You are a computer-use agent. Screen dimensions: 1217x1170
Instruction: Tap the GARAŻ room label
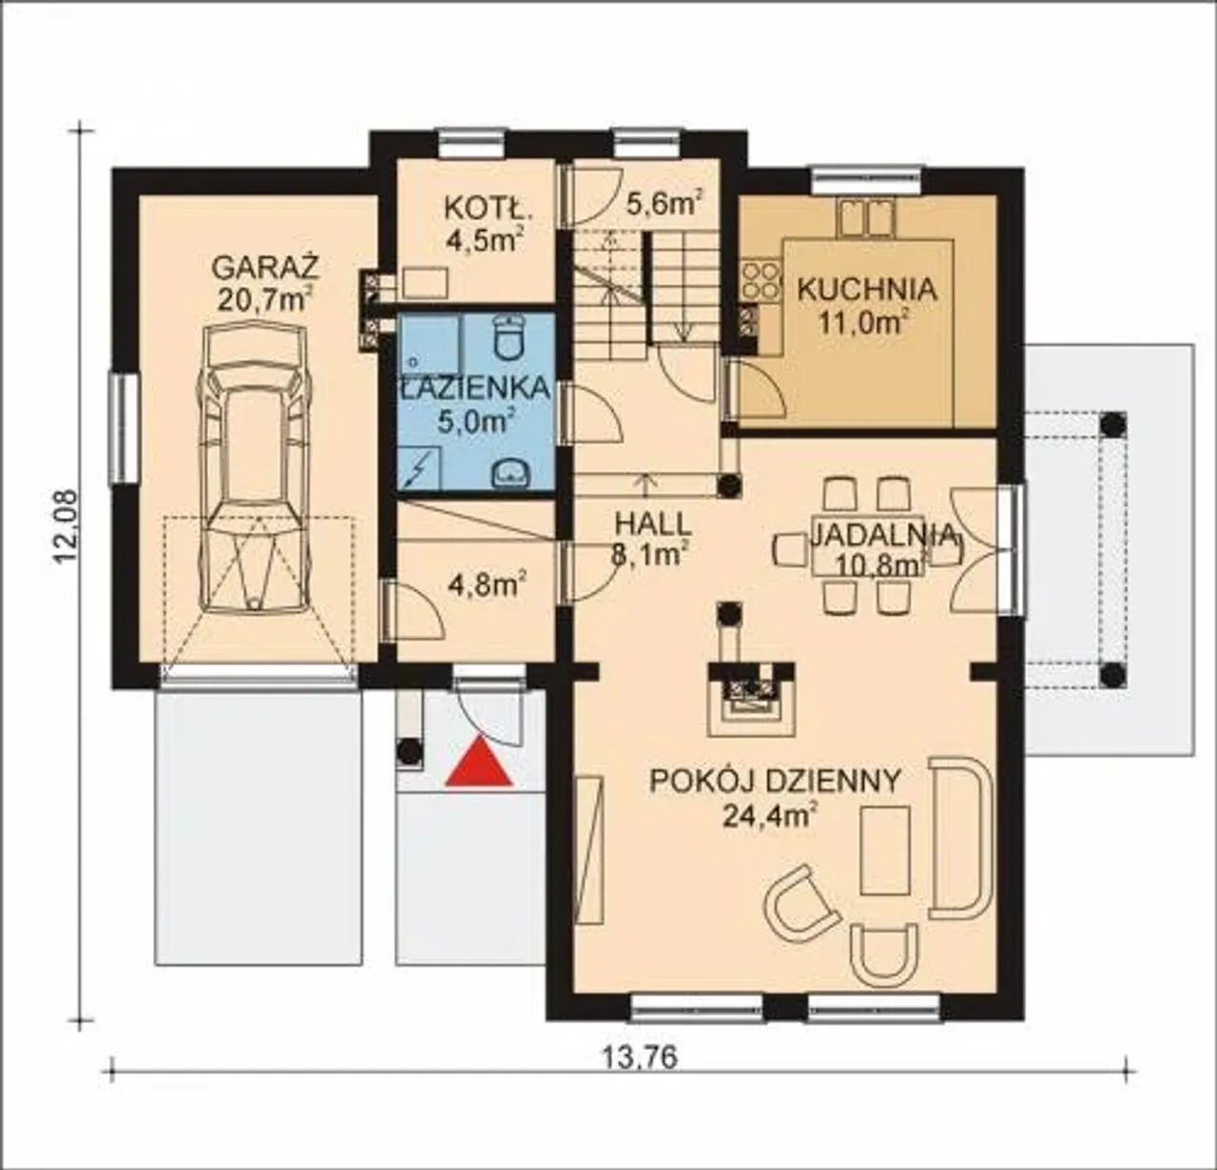tap(266, 268)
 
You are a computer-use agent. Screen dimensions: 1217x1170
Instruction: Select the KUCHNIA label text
tap(868, 290)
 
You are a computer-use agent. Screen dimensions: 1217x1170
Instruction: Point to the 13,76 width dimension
tap(640, 1058)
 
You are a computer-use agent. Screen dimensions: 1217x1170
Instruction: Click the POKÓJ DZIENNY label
tap(776, 781)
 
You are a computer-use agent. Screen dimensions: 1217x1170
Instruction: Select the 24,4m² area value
tap(770, 815)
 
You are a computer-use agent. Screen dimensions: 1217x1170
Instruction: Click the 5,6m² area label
tap(664, 203)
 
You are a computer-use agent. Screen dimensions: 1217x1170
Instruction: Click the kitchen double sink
tap(866, 219)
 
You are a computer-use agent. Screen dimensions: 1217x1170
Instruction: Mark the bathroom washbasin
tap(512, 473)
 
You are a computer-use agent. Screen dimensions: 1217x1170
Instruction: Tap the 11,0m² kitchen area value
tap(863, 323)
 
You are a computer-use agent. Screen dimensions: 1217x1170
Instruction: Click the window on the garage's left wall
tap(125, 429)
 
